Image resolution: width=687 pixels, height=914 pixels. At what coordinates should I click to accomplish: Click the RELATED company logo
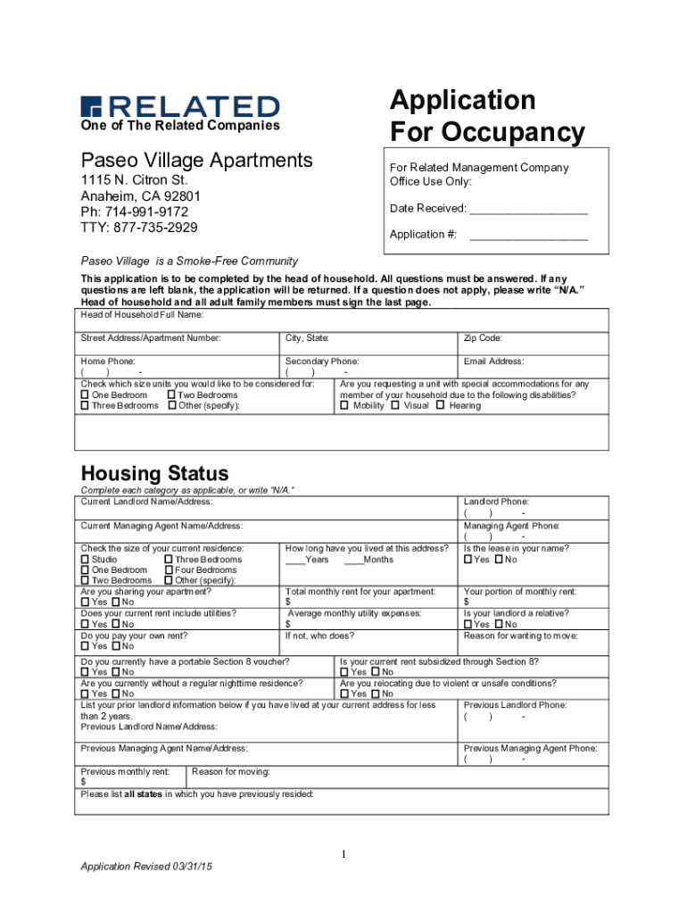click(x=180, y=105)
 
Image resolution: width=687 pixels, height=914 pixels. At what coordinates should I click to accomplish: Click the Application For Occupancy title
click(x=486, y=116)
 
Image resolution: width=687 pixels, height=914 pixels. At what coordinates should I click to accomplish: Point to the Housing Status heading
click(x=154, y=473)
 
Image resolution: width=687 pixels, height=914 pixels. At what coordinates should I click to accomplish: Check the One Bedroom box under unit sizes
click(x=86, y=395)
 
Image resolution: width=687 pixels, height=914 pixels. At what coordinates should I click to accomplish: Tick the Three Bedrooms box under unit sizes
click(x=86, y=406)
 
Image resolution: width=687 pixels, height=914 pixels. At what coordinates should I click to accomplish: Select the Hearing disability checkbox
click(x=440, y=406)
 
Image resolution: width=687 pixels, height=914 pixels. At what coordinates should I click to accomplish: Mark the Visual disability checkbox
click(x=395, y=406)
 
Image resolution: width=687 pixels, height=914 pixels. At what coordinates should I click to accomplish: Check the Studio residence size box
click(x=86, y=560)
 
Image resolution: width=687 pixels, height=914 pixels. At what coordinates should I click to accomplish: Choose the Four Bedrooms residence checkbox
click(x=169, y=570)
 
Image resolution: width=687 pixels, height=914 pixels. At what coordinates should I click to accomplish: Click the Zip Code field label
click(x=483, y=338)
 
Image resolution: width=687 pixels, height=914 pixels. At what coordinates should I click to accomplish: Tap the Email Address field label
click(x=493, y=361)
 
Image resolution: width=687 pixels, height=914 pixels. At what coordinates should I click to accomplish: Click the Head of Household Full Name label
click(x=143, y=315)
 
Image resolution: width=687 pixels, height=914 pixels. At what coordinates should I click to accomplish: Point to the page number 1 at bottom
click(x=343, y=856)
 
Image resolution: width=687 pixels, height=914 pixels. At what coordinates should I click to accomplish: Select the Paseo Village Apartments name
click(x=197, y=161)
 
